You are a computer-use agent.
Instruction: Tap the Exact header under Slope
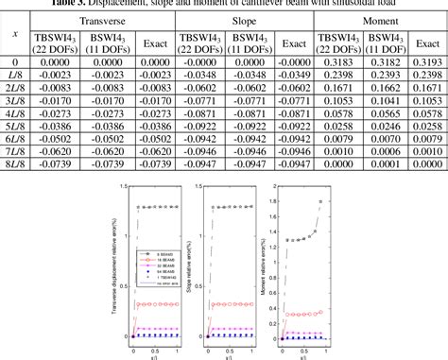[293, 43]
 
